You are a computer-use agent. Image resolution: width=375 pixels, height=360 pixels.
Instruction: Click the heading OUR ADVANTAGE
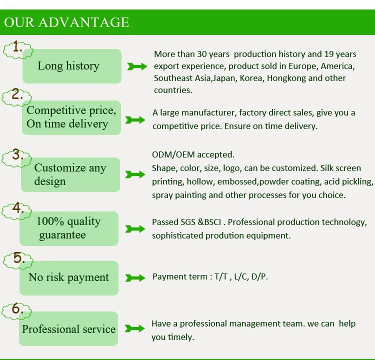coord(66,22)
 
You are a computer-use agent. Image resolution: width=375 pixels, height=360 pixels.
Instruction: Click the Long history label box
coord(72,66)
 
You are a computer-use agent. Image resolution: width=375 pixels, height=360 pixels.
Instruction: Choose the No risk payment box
coord(69,278)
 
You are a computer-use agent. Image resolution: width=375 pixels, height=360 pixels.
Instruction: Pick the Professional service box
coord(68,328)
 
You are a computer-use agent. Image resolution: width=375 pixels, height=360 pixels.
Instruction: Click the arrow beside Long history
coord(137,66)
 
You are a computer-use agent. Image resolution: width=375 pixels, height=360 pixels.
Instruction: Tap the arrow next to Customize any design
coord(135,174)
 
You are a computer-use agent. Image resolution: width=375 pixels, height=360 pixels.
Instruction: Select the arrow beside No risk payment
coord(135,277)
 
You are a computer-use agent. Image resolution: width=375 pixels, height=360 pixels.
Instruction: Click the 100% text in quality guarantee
coord(50,221)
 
